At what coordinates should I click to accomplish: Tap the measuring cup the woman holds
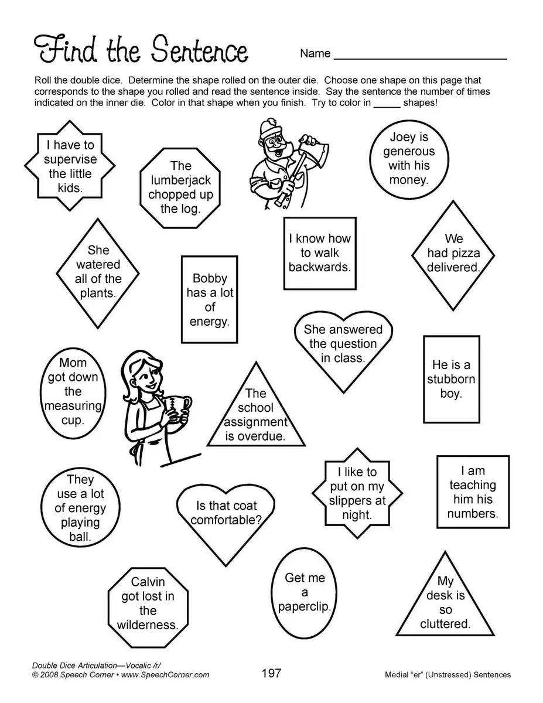tap(177, 407)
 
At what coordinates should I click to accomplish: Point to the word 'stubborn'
tap(450, 379)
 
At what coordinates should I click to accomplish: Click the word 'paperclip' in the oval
tap(304, 606)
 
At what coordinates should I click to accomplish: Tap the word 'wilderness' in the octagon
tap(147, 624)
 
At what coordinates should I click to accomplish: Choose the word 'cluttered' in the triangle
tap(445, 624)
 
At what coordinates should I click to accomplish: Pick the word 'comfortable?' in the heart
tap(226, 520)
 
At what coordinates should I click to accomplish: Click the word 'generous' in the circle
tap(409, 151)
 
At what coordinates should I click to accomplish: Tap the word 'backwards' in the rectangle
tap(319, 268)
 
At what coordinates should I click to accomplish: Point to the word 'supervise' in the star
tap(70, 159)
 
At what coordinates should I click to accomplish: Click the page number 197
tap(271, 673)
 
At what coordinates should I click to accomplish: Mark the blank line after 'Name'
tap(420, 57)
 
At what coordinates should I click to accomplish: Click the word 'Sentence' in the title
tap(199, 52)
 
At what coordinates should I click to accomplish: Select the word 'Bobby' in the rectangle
tap(209, 278)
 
